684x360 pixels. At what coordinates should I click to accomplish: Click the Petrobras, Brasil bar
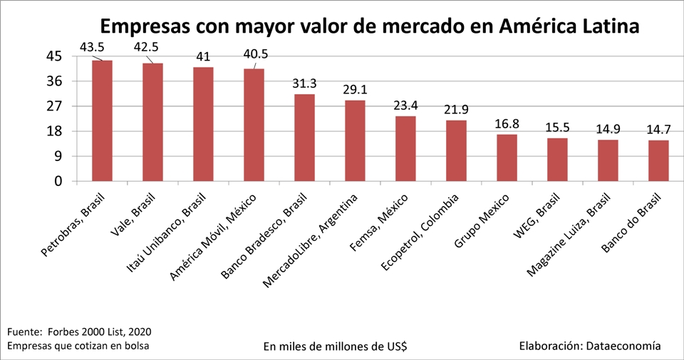102,121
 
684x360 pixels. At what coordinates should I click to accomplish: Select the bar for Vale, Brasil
152,122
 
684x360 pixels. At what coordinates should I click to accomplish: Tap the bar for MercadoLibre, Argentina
355,140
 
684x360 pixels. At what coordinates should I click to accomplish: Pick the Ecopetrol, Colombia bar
456,150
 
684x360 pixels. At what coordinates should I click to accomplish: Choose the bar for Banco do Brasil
658,160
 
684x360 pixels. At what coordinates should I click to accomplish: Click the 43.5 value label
92,47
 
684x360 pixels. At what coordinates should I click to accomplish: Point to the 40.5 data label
256,54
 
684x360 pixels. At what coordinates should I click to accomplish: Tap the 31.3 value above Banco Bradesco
304,83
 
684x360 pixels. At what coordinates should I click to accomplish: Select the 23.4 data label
405,106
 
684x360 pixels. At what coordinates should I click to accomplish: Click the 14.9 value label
608,129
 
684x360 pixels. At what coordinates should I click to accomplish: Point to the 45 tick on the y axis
55,57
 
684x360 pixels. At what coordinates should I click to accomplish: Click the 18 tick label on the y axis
55,131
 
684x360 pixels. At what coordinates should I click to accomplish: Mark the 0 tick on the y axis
58,181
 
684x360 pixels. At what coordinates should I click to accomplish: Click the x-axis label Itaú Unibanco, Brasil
166,233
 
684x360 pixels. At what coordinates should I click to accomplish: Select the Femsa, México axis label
378,222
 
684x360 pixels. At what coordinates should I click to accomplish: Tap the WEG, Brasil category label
537,216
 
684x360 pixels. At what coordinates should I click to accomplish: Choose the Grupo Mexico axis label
482,221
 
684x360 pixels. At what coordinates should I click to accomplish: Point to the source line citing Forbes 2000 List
79,332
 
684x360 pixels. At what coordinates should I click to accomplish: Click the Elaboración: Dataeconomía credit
590,346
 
